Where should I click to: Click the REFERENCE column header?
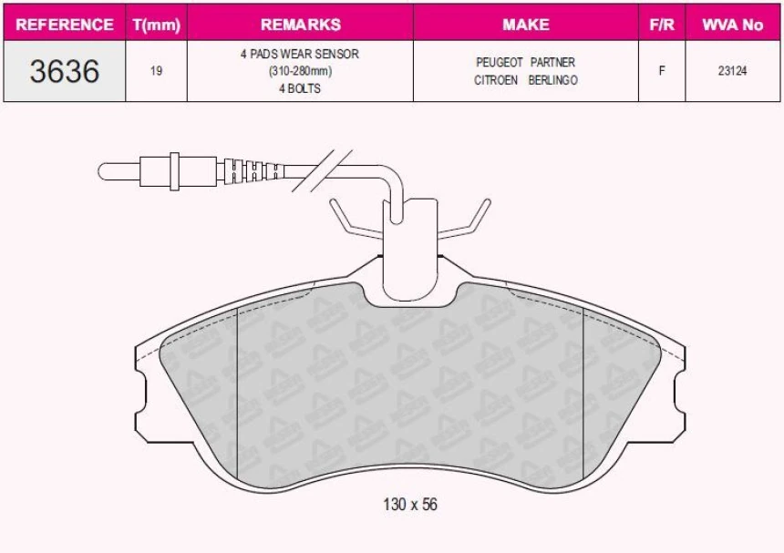[x=65, y=25]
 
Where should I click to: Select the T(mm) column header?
[x=156, y=25]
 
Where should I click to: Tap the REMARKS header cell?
[x=300, y=25]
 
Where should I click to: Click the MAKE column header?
[x=526, y=25]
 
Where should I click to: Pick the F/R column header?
[x=661, y=25]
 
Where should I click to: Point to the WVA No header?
[x=732, y=25]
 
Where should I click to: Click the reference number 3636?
[x=65, y=71]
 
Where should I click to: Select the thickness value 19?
[x=156, y=71]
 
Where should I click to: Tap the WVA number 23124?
[x=732, y=71]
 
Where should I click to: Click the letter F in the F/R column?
[x=661, y=71]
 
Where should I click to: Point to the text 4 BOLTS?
[x=300, y=88]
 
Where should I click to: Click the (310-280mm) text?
[x=300, y=71]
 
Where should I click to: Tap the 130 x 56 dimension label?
[x=409, y=504]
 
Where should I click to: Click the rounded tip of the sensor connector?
[x=105, y=169]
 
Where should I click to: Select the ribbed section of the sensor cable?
[x=249, y=169]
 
